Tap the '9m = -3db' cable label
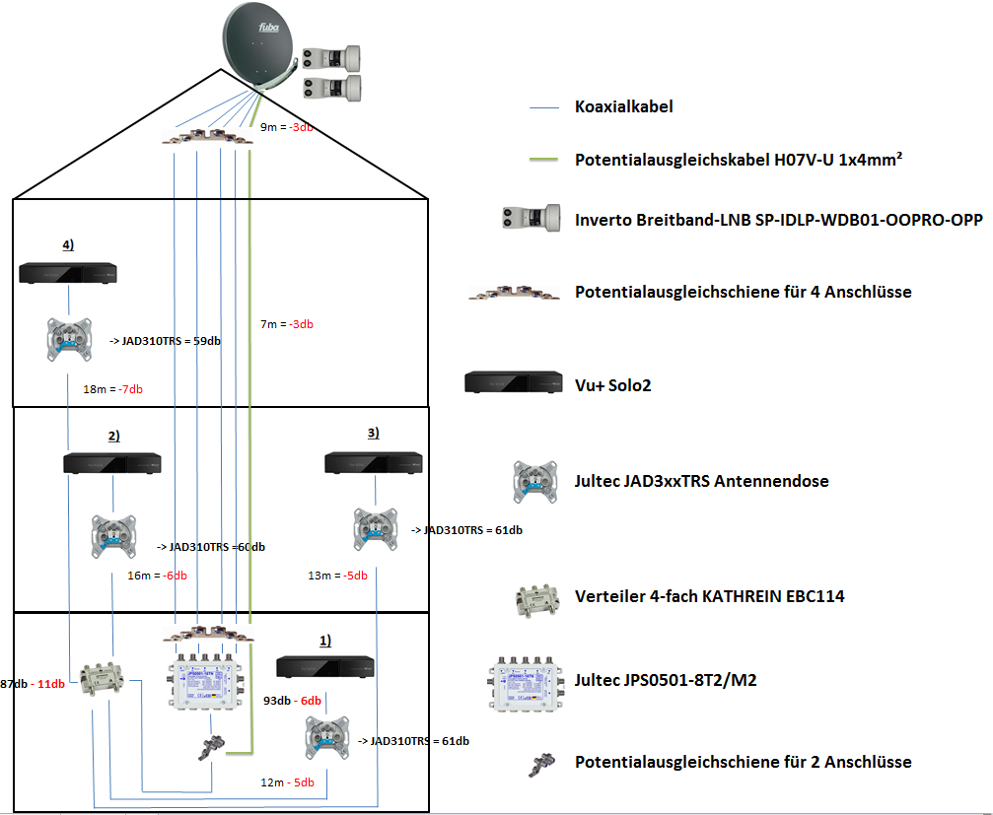point(286,127)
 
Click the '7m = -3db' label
point(287,324)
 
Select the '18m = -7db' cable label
point(113,389)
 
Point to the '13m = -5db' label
point(337,576)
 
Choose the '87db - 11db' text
point(33,684)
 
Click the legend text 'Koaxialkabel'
point(624,105)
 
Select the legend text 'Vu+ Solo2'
point(613,385)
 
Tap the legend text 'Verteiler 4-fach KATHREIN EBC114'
point(709,596)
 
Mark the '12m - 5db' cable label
point(287,782)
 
